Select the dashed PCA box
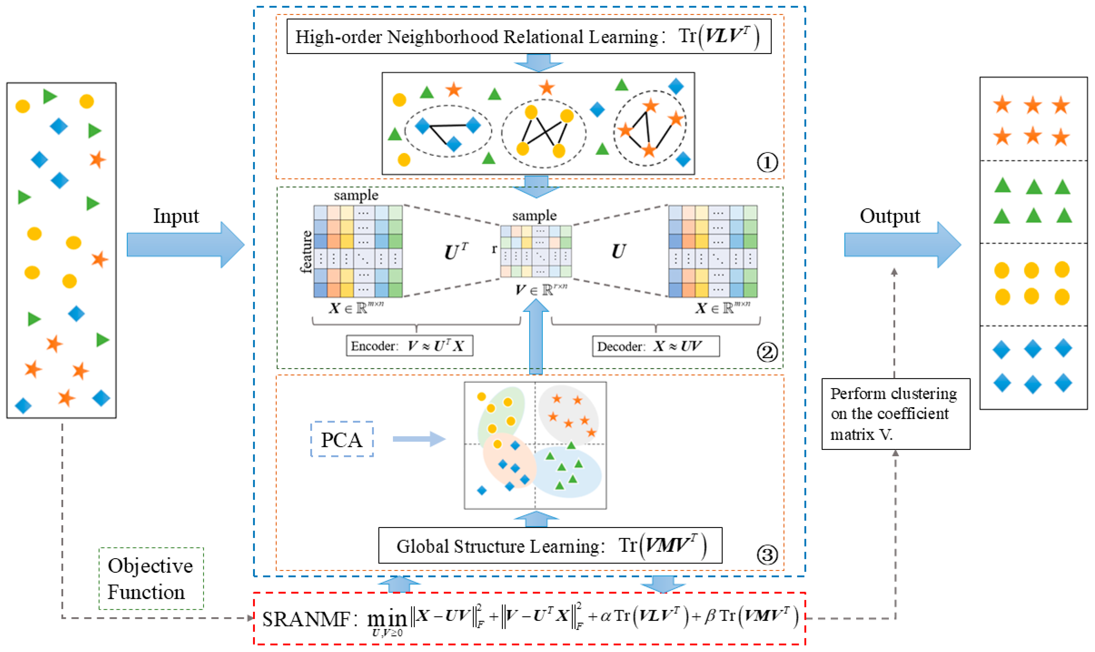pos(342,439)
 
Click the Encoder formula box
pos(409,346)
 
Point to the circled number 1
pos(767,163)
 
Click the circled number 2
pos(767,352)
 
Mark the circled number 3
pos(767,554)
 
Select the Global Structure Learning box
pos(550,545)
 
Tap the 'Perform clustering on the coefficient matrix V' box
pos(896,414)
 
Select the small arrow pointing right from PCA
pos(419,439)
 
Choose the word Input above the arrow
pos(176,216)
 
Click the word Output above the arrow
pos(890,216)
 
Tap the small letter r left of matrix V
pos(494,249)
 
